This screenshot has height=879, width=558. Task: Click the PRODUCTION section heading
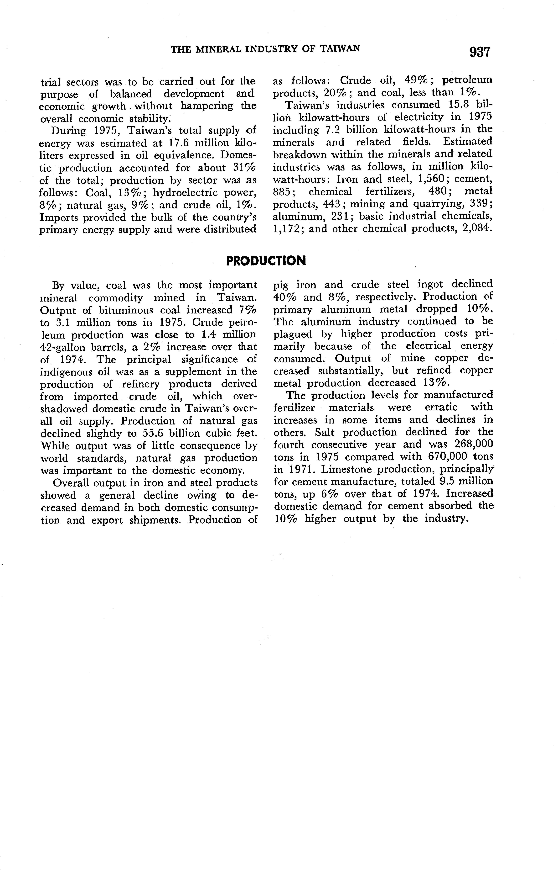tap(266, 261)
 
